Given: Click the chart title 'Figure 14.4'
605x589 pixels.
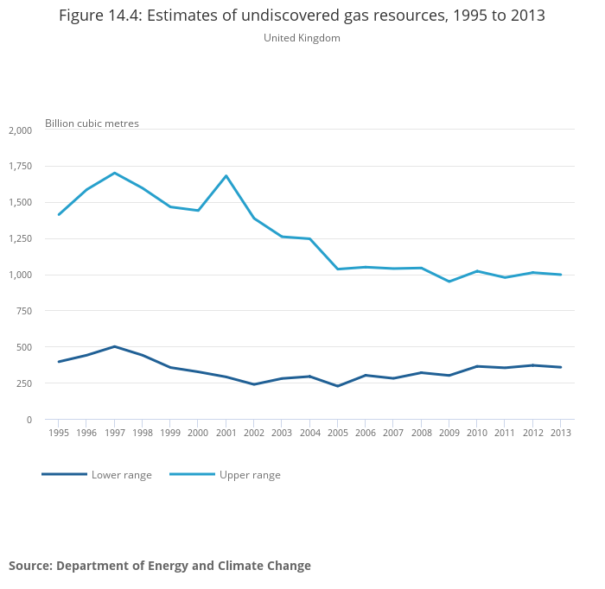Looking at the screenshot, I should click(302, 16).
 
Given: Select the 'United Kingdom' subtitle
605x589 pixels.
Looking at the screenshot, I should click(302, 38).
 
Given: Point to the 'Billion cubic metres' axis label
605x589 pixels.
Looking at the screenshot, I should click(92, 123).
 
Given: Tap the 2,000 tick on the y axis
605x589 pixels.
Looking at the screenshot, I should click(20, 130).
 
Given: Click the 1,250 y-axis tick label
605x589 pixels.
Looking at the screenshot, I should click(20, 238).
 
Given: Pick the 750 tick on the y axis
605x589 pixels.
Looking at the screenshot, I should click(23, 311).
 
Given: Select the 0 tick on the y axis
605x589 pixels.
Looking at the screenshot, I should click(29, 420).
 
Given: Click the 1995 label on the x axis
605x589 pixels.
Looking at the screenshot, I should click(59, 433).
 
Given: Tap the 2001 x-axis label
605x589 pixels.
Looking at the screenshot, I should click(226, 433).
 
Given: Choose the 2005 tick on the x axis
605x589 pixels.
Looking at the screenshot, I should click(338, 433).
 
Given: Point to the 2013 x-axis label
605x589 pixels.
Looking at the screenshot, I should click(561, 433).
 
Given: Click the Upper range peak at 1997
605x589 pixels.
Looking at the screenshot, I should click(115, 173).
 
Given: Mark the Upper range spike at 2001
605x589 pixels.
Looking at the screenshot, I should click(226, 176).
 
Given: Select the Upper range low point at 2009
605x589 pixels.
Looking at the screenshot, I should click(449, 282).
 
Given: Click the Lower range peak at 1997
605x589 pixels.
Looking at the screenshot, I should click(115, 346).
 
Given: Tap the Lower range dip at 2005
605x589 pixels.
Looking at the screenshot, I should click(338, 386).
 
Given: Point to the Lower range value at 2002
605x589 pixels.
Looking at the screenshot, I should click(254, 384).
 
